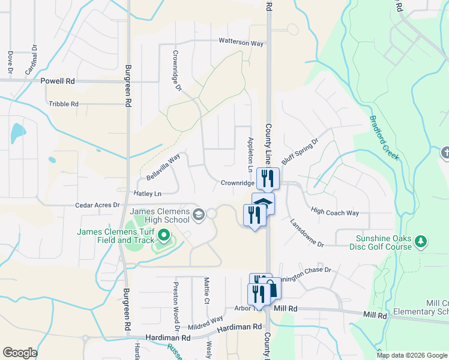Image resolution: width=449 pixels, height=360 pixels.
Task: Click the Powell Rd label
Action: point(58,80)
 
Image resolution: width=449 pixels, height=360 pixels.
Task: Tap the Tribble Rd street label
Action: point(64,104)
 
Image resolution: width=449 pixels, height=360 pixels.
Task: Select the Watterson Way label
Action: point(241,43)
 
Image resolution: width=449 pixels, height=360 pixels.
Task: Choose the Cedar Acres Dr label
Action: point(97,205)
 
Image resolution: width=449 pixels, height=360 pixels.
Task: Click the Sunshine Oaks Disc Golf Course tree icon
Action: point(421,242)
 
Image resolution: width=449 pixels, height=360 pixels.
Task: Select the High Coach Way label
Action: point(335,212)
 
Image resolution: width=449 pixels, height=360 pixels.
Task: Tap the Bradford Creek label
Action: point(384,137)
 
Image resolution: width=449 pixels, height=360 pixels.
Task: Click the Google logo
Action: point(20,353)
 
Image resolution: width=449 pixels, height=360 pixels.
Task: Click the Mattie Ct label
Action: point(206,290)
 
